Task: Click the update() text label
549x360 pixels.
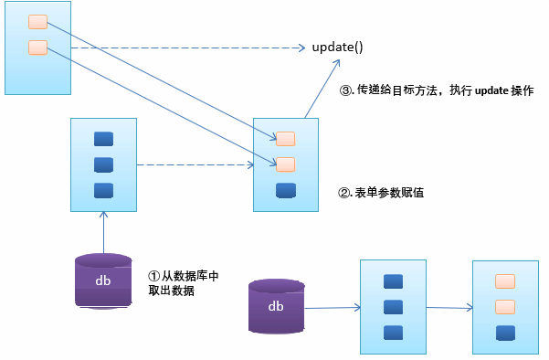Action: [338, 47]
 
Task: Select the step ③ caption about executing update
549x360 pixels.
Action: [436, 91]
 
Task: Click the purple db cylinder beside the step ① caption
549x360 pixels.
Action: [103, 280]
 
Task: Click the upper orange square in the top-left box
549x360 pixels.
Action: [37, 21]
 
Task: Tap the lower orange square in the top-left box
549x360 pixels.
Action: [37, 47]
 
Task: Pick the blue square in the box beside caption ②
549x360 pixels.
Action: [286, 191]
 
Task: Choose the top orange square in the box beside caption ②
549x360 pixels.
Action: [286, 138]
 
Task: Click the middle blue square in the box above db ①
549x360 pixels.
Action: [103, 165]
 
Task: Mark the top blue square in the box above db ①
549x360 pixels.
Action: [103, 139]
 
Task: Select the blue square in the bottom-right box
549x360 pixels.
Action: [503, 333]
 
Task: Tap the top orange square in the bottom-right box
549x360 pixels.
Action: [503, 281]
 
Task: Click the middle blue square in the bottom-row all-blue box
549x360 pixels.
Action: [394, 307]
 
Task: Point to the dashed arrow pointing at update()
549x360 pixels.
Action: [183, 48]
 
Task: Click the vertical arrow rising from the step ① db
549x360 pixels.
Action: [103, 232]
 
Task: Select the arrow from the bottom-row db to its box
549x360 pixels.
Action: [331, 308]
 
